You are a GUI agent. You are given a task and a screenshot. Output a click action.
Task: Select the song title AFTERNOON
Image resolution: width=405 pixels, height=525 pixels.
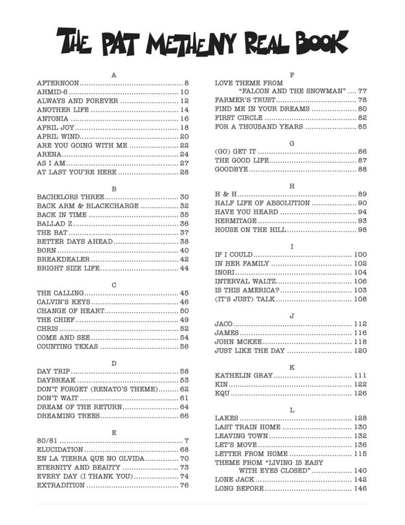(x=58, y=83)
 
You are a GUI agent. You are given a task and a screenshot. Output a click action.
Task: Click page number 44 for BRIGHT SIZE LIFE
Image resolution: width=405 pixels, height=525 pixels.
(x=184, y=268)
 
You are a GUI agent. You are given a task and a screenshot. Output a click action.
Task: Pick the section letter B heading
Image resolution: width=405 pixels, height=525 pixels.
(x=113, y=188)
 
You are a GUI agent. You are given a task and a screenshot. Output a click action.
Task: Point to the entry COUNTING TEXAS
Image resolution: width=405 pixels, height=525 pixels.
(x=67, y=346)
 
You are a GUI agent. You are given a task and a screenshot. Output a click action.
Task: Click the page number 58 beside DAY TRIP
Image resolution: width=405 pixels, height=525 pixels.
(x=184, y=371)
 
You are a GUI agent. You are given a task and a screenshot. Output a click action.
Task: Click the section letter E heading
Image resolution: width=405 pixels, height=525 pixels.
(x=113, y=432)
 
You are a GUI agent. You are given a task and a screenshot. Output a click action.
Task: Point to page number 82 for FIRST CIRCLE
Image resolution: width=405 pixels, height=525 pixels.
(x=362, y=118)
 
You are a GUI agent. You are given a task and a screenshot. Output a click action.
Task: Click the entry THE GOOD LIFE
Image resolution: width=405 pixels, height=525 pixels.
(x=241, y=160)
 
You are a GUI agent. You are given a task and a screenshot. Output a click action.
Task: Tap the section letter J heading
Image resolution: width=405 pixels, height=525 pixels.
(x=292, y=315)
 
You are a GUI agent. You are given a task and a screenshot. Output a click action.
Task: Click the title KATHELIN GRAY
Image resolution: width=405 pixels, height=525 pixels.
(x=243, y=376)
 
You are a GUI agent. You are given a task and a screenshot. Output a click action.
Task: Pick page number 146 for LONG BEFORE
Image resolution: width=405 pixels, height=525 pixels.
(x=360, y=489)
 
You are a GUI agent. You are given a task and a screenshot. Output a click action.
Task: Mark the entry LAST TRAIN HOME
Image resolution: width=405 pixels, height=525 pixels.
(x=248, y=427)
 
